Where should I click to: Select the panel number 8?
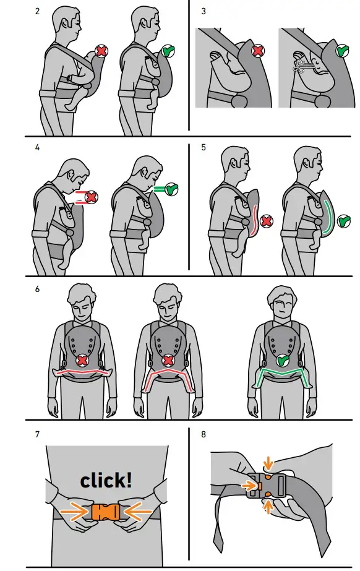tap(204, 435)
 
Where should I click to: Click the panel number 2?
tap(38, 12)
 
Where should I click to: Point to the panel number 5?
tap(204, 148)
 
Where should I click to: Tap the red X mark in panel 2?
tap(101, 53)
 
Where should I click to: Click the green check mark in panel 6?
tap(283, 359)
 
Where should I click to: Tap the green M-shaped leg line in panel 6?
tap(283, 376)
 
